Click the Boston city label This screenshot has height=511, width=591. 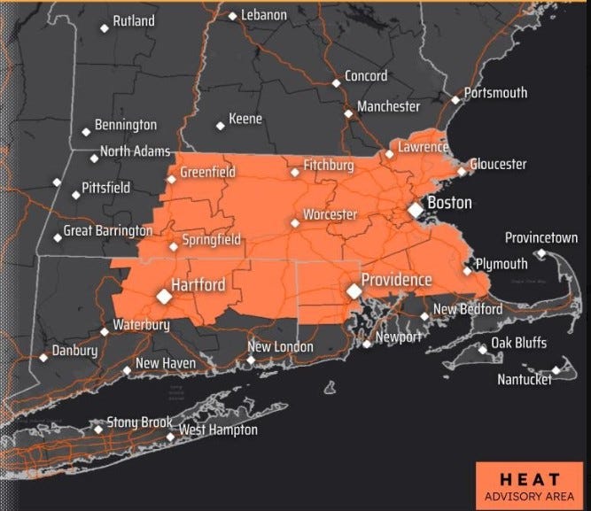coord(449,204)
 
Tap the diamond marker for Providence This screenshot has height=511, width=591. coord(354,290)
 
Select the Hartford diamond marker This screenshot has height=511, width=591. coord(163,296)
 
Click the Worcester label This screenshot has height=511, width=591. coord(330,215)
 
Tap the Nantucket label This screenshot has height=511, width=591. coord(523,380)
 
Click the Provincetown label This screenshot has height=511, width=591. coord(540,238)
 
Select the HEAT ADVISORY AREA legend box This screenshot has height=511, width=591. coord(530,484)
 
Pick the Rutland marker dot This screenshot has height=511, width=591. coord(105,27)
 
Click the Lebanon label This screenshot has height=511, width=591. coord(263,15)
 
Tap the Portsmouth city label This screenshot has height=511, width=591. coord(495,93)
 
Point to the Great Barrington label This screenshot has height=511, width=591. coord(108,231)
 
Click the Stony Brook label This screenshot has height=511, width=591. coord(139,422)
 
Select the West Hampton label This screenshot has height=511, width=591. coord(218,430)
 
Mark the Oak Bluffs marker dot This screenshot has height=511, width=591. coord(483,350)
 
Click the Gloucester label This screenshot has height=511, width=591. coord(497,165)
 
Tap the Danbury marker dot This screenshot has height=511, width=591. coord(43,359)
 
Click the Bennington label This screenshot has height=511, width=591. coord(125,126)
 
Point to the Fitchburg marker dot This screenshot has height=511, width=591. coord(295,173)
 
